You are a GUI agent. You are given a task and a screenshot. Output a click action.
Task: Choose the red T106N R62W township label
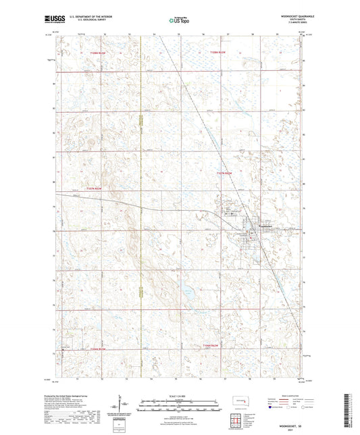coord(98,349)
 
